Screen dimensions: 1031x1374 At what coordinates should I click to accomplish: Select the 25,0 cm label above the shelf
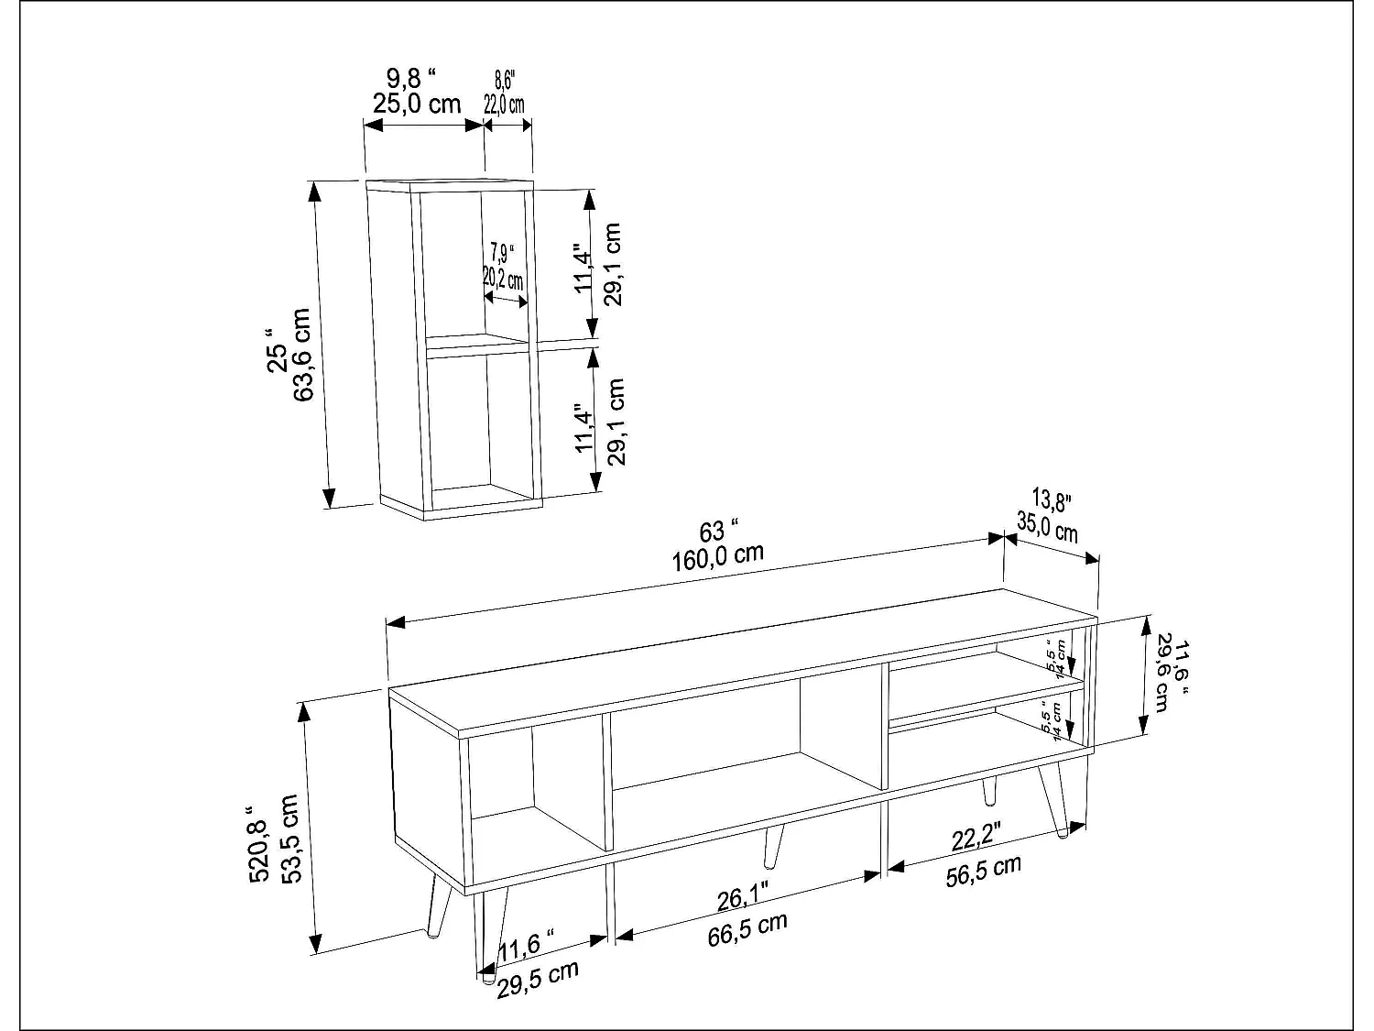pyautogui.click(x=417, y=104)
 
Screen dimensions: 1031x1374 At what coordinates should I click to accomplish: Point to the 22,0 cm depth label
pyautogui.click(x=504, y=105)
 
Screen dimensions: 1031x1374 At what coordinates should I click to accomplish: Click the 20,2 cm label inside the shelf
pyautogui.click(x=503, y=279)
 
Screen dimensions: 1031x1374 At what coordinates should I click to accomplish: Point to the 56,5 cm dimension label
pyautogui.click(x=983, y=871)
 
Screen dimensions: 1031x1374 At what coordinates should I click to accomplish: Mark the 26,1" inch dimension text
pyautogui.click(x=743, y=898)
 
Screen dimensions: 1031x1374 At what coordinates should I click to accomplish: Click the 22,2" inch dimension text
pyautogui.click(x=976, y=836)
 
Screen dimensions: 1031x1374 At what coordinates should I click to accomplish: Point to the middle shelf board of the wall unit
pyautogui.click(x=477, y=344)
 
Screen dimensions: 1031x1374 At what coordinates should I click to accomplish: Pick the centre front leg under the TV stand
pyautogui.click(x=773, y=846)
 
